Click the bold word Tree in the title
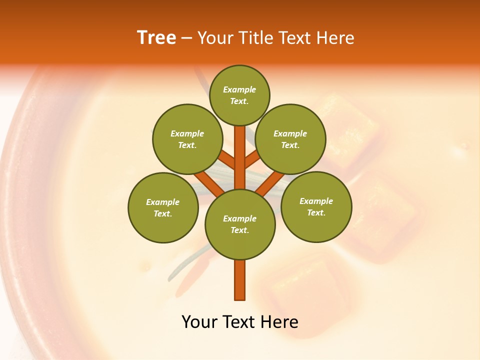pyautogui.click(x=156, y=37)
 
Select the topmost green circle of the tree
pyautogui.click(x=239, y=95)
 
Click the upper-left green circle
pyautogui.click(x=187, y=139)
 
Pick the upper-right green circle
pyautogui.click(x=290, y=139)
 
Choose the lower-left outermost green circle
pyautogui.click(x=163, y=207)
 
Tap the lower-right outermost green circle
pyautogui.click(x=316, y=206)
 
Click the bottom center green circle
pyautogui.click(x=240, y=224)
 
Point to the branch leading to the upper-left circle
pyautogui.click(x=227, y=160)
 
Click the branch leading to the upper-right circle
pyautogui.click(x=252, y=160)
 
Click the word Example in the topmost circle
pyautogui.click(x=239, y=89)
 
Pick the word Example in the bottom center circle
pyautogui.click(x=239, y=218)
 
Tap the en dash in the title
pyautogui.click(x=187, y=38)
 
